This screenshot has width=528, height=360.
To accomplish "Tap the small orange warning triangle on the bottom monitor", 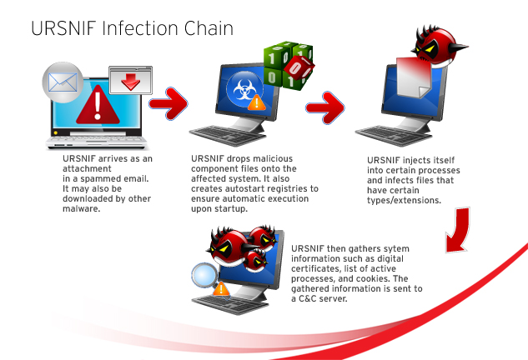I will [x=221, y=288].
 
